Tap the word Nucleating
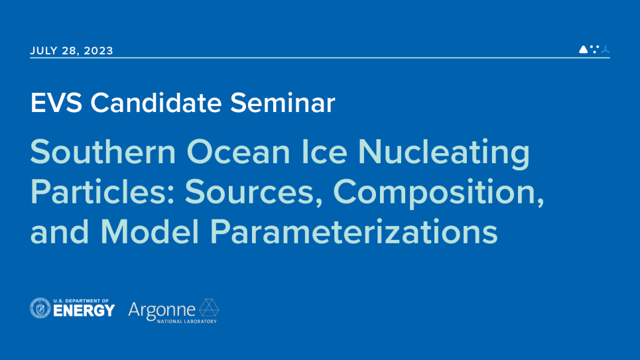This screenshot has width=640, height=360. pos(444,153)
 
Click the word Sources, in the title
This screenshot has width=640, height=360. pos(255,192)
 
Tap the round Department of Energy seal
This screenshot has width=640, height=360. pos(40,308)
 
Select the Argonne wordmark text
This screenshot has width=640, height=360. pos(162,309)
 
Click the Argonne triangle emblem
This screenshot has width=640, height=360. pos(209,308)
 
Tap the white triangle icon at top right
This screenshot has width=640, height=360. pos(583,49)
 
